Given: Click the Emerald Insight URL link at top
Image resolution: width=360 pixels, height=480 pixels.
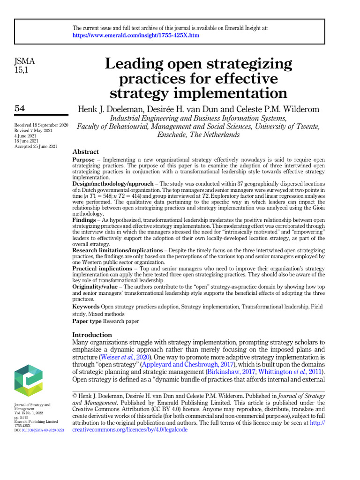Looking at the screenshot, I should (x=136, y=36).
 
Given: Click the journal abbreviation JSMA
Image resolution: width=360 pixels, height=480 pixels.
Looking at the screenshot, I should (x=25, y=61).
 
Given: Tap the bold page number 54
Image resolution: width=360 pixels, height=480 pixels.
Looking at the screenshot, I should (x=20, y=108).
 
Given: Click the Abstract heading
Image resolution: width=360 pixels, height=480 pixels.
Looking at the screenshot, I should (x=86, y=152).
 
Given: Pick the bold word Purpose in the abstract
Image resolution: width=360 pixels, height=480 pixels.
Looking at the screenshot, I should (x=83, y=160).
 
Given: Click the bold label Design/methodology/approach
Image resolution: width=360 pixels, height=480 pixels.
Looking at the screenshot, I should (x=112, y=184).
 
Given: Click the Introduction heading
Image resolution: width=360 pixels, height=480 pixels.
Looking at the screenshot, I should (x=92, y=335).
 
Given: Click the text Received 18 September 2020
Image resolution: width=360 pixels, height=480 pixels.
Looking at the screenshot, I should (x=41, y=126).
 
